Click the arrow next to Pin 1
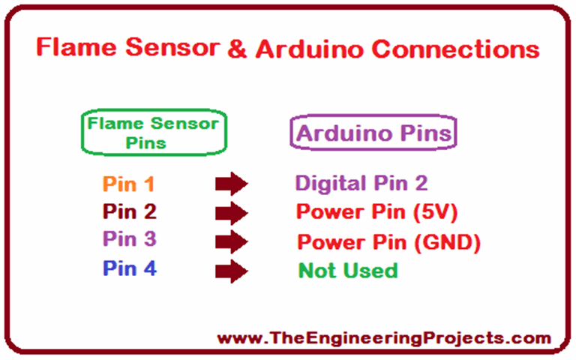[x=231, y=184]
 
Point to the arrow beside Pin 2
[x=231, y=214]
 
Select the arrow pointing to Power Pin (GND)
[x=231, y=242]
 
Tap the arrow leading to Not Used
[x=231, y=271]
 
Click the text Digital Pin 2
[x=361, y=184]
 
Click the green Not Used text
[x=348, y=270]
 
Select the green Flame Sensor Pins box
[x=152, y=133]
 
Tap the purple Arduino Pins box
[x=373, y=134]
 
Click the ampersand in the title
[x=234, y=49]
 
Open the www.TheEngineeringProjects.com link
[x=383, y=338]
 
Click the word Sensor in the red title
[x=169, y=49]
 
